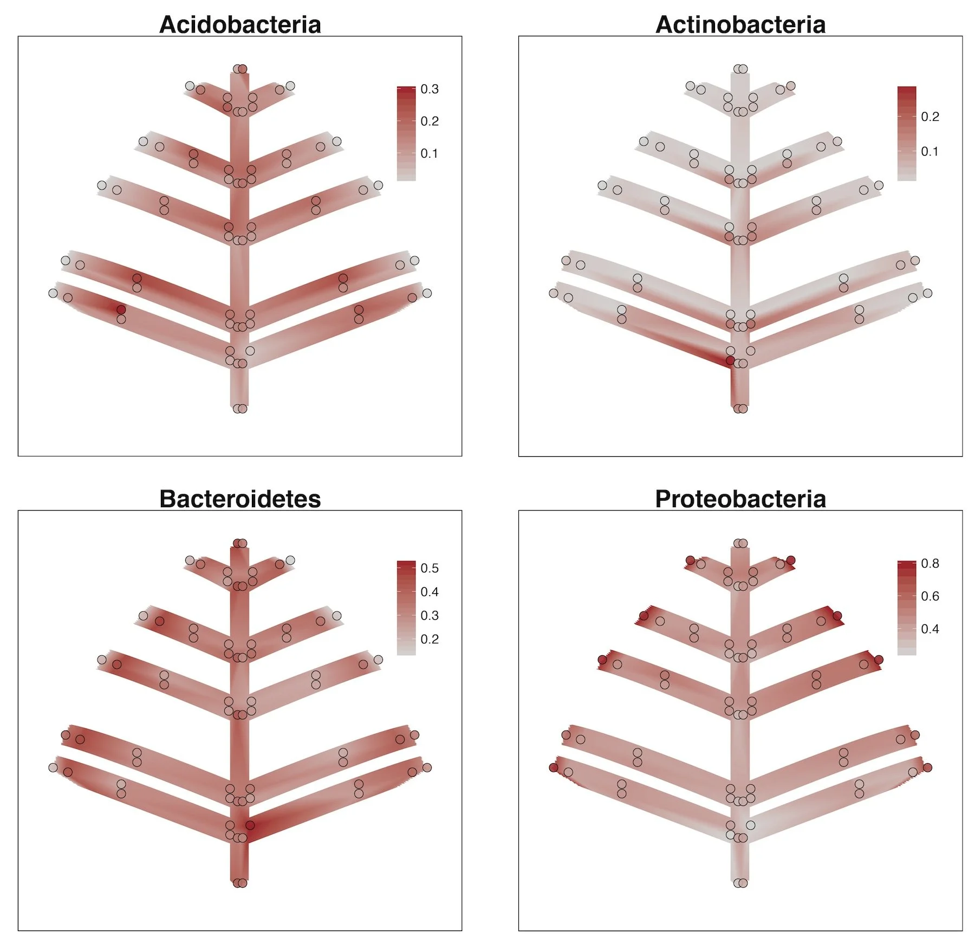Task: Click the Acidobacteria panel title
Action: [x=240, y=25]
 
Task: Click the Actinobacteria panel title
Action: [x=740, y=25]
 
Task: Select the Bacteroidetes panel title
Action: [x=240, y=499]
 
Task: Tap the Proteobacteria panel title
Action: [x=740, y=499]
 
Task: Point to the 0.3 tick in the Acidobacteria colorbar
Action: [x=430, y=89]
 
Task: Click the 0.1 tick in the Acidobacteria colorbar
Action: [x=430, y=154]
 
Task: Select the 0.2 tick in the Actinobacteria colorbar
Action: [x=929, y=117]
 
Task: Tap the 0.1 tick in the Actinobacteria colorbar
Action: [x=929, y=152]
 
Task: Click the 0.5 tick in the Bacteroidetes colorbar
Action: [x=430, y=569]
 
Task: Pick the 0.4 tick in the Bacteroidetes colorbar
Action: [x=430, y=592]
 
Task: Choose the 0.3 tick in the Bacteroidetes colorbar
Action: [x=430, y=616]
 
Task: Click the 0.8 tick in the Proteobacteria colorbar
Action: [x=929, y=564]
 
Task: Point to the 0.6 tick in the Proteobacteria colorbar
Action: [x=929, y=596]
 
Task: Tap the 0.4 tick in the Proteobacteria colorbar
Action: [x=929, y=629]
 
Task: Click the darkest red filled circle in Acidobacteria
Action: [x=121, y=309]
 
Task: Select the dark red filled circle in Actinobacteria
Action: [x=730, y=360]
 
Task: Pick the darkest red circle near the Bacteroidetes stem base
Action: [x=250, y=825]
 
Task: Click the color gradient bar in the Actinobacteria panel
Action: [x=906, y=133]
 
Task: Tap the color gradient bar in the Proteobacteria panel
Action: [x=906, y=608]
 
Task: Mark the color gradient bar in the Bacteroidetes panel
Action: [x=406, y=608]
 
